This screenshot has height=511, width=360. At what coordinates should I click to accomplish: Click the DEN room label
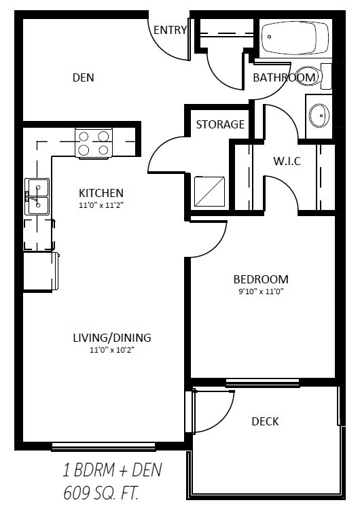[x=83, y=77]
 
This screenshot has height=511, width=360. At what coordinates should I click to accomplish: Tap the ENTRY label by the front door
[x=170, y=30]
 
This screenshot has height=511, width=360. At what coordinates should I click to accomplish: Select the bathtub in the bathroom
[x=296, y=38]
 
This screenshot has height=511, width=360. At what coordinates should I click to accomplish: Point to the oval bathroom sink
[x=319, y=116]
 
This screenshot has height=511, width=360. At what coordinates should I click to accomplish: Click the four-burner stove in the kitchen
[x=94, y=143]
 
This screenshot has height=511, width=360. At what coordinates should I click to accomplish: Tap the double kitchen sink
[x=37, y=196]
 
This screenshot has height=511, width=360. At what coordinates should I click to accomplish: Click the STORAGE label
[x=220, y=124]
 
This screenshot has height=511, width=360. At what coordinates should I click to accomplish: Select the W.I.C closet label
[x=287, y=161]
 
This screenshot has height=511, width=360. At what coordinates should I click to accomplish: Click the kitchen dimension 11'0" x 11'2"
[x=101, y=205]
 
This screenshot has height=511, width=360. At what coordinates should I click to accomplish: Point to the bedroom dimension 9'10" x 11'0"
[x=262, y=292]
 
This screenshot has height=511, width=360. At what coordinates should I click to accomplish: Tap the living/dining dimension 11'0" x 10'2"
[x=112, y=351]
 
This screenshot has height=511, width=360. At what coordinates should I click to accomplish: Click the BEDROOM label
[x=261, y=279]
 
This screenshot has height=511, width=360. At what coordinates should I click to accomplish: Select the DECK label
[x=265, y=421]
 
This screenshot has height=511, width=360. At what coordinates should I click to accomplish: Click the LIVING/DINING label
[x=112, y=338]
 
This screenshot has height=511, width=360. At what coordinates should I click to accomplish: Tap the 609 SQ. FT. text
[x=101, y=493]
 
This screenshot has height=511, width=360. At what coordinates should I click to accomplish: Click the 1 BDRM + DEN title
[x=112, y=470]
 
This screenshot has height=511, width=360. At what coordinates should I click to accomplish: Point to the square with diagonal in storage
[x=210, y=192]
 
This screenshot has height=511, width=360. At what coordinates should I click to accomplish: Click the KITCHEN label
[x=101, y=193]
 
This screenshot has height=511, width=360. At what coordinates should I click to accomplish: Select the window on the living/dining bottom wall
[x=104, y=446]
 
